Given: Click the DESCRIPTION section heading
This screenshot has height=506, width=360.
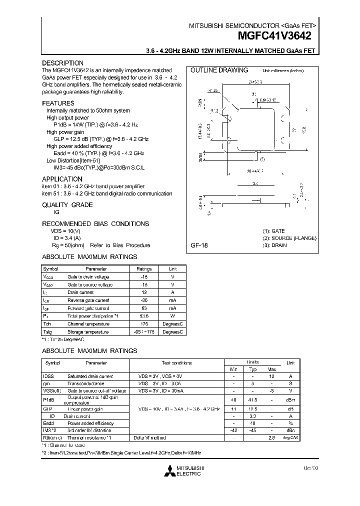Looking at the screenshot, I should coord(62,63).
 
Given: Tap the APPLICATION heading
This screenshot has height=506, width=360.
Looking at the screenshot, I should coord(62,179).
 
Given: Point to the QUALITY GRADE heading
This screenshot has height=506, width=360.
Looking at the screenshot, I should coord(67,205).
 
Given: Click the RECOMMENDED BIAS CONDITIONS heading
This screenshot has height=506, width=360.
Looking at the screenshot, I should coord(95,224).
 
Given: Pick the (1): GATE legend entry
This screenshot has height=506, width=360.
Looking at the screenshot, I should coord(274,231).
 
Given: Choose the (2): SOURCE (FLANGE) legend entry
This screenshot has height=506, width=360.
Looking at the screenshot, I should coord(289,238).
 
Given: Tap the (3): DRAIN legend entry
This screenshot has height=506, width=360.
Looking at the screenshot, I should coord(275,245).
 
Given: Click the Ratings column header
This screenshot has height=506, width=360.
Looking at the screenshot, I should coord(144,269).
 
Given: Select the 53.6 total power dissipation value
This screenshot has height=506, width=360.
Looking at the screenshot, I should coord(144,316).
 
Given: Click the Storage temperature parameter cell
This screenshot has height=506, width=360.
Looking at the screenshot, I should coord(88,332).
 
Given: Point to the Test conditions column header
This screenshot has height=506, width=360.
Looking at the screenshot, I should coord(176,363).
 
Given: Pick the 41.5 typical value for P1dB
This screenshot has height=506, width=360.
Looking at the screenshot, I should coord(253,400).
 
